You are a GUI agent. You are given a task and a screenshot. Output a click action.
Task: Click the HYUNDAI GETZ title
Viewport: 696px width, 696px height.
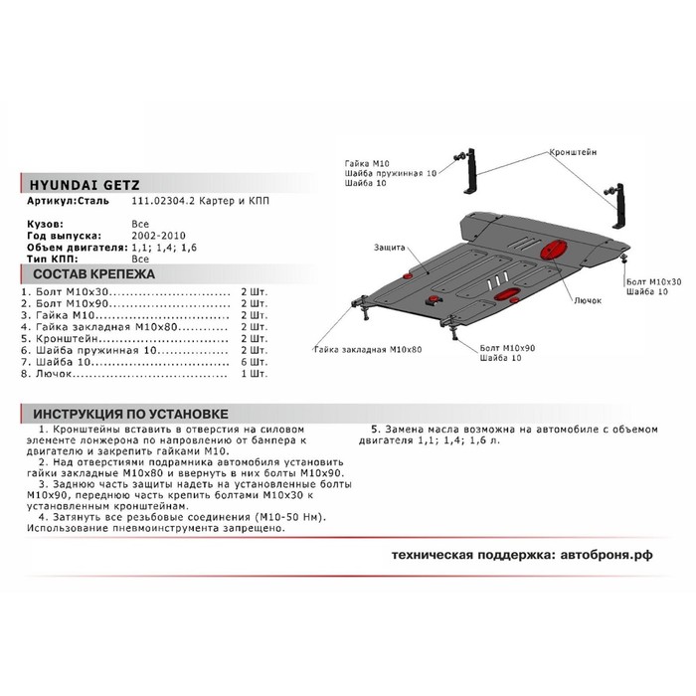[83, 185]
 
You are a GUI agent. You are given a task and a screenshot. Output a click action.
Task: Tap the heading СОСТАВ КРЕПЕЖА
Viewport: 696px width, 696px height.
[81, 272]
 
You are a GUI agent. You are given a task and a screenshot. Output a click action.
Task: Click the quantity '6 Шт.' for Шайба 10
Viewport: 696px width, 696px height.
[255, 363]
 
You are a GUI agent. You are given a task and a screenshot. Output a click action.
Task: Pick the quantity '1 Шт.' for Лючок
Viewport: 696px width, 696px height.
[255, 375]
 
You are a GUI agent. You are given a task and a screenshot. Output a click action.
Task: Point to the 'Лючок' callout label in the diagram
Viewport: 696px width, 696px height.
[587, 299]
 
